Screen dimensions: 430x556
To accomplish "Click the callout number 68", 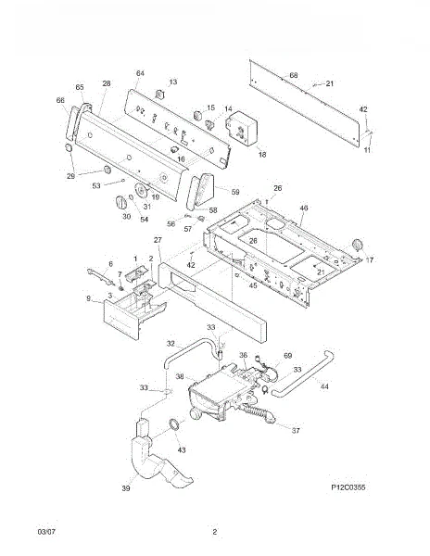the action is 294,75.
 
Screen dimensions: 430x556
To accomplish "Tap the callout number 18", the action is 262,154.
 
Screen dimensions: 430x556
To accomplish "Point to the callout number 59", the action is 235,192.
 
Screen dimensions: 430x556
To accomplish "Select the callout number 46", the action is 304,208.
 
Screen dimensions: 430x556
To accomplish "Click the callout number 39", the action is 126,488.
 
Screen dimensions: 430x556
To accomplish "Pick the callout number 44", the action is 324,386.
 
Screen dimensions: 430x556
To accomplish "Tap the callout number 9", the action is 89,298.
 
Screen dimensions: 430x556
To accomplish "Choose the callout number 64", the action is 140,73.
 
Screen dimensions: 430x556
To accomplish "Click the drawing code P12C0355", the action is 348,487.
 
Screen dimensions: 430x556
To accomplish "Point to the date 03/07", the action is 46,532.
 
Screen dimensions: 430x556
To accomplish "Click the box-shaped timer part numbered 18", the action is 242,129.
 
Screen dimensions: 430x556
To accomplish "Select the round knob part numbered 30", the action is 120,202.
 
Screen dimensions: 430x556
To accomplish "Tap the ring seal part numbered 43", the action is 173,424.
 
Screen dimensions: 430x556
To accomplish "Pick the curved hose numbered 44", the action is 302,373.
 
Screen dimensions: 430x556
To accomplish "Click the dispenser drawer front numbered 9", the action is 120,319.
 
